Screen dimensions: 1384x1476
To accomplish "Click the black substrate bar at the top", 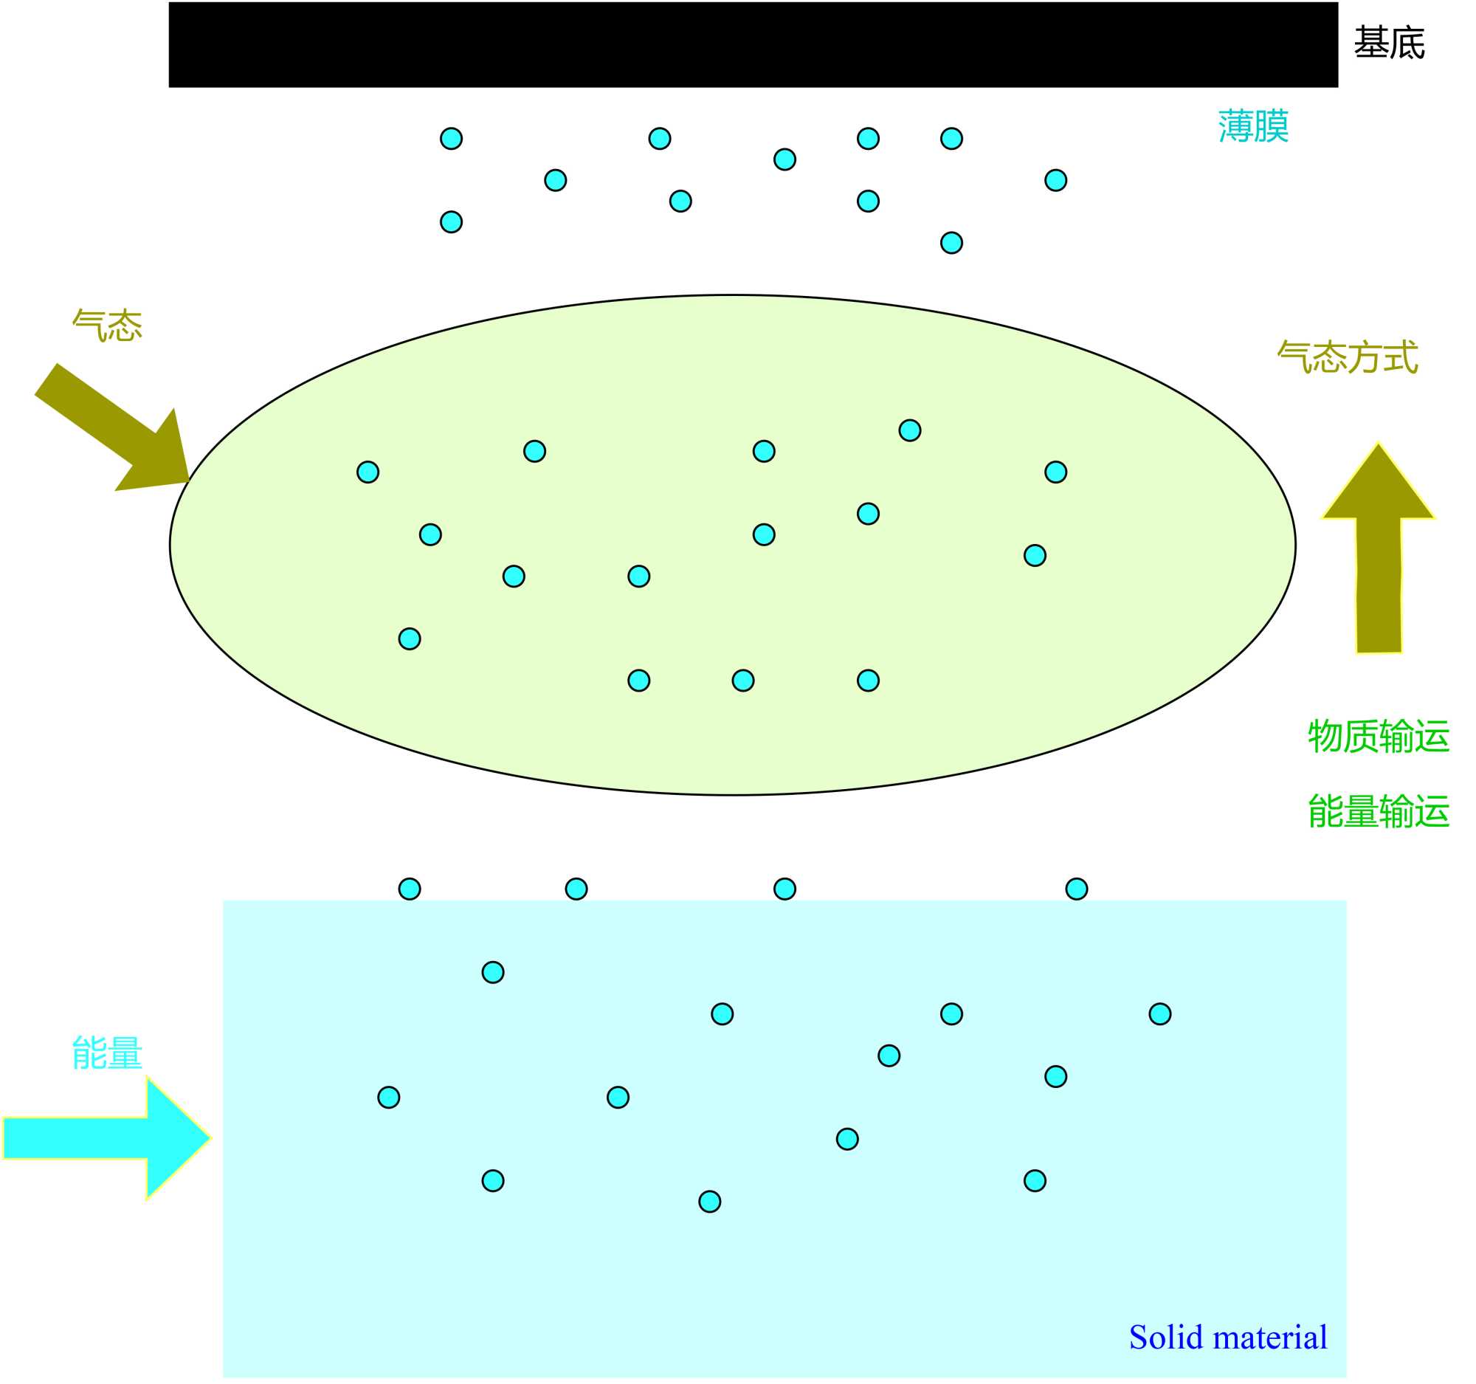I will pyautogui.click(x=753, y=44).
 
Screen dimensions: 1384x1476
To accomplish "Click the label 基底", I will pyautogui.click(x=1389, y=43).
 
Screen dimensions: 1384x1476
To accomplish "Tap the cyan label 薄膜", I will pyautogui.click(x=1253, y=126).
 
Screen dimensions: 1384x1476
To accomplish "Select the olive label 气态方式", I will pyautogui.click(x=1348, y=358).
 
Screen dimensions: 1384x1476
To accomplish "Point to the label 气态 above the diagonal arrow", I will pyautogui.click(x=108, y=326).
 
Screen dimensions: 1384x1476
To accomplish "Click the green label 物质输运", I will pyautogui.click(x=1379, y=737).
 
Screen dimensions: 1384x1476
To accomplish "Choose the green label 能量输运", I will pyautogui.click(x=1379, y=811).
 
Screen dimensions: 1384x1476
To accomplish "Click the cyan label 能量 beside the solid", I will pyautogui.click(x=107, y=1053).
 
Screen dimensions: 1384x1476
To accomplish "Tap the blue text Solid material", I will pyautogui.click(x=1228, y=1337).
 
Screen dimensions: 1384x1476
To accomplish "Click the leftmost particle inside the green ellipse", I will pyautogui.click(x=368, y=472).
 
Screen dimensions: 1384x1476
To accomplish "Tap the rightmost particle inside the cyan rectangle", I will pyautogui.click(x=1159, y=1014).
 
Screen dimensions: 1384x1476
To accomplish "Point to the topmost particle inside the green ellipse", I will pyautogui.click(x=909, y=430).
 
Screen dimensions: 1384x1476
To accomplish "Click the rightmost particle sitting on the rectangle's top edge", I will pyautogui.click(x=1077, y=889).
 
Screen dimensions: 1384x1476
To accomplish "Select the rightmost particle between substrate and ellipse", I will pyautogui.click(x=1056, y=180).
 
